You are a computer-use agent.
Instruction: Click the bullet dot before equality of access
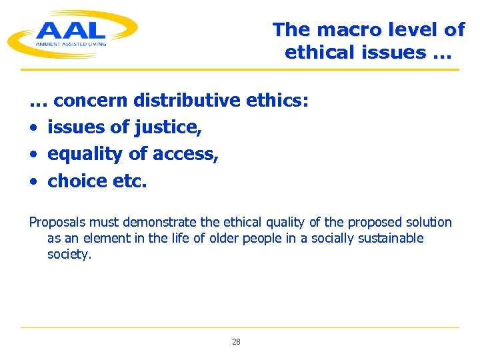point(33,155)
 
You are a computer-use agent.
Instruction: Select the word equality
point(85,154)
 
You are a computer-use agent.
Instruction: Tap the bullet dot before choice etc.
point(33,181)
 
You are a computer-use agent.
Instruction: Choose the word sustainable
point(393,239)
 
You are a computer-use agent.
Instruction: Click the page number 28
point(236,342)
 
